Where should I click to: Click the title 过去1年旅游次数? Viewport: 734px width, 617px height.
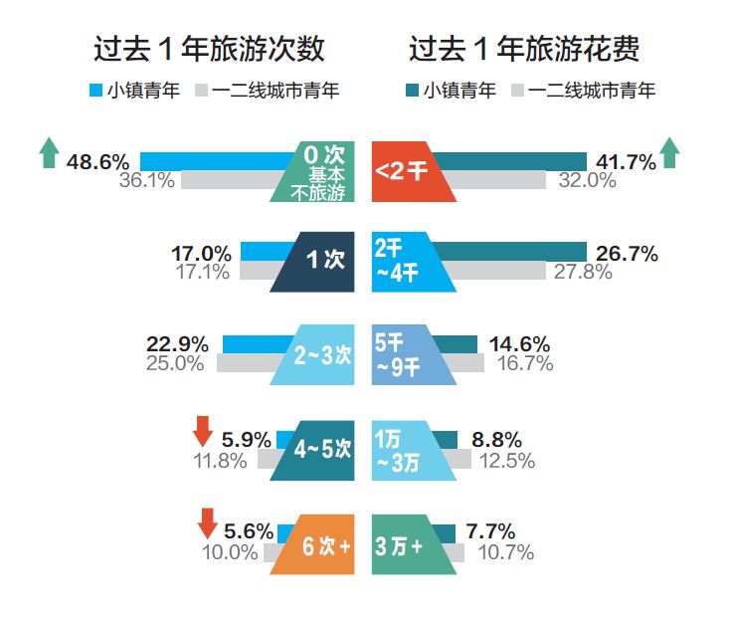(209, 50)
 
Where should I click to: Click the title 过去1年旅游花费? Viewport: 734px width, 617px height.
(524, 50)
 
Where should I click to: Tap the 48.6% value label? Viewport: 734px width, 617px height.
(97, 161)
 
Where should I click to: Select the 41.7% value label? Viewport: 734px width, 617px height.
(626, 161)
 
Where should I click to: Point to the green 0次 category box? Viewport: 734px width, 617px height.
(315, 172)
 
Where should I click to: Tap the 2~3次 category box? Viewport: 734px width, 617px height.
(315, 354)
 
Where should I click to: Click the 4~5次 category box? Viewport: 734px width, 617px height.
(315, 449)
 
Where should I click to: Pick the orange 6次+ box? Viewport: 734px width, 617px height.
(317, 545)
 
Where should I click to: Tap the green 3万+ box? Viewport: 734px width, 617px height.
(409, 545)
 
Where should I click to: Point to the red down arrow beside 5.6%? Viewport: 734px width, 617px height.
(208, 522)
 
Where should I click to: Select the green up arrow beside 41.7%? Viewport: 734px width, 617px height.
(669, 152)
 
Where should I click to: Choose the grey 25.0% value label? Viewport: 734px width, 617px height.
(174, 364)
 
